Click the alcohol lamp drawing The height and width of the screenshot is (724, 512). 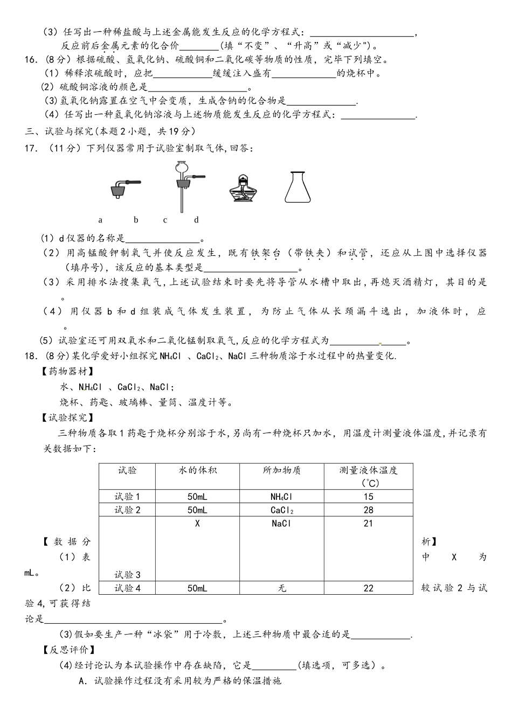pos(244,188)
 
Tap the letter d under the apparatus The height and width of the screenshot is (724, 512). pos(196,220)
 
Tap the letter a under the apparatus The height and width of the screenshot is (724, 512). pos(100,220)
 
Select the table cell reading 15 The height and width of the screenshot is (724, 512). pos(368,497)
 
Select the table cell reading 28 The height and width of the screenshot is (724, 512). pos(368,510)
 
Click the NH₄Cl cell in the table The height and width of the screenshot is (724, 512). pos(281,497)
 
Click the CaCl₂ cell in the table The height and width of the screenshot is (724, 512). pos(281,510)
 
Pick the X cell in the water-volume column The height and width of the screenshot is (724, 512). pos(197,524)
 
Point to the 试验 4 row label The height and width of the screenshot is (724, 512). pos(127,588)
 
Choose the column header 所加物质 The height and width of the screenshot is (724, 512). pos(281,470)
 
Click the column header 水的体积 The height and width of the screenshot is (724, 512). pos(197,470)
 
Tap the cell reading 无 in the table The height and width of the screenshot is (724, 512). pos(281,588)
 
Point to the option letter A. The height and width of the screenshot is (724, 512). pos(82,681)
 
